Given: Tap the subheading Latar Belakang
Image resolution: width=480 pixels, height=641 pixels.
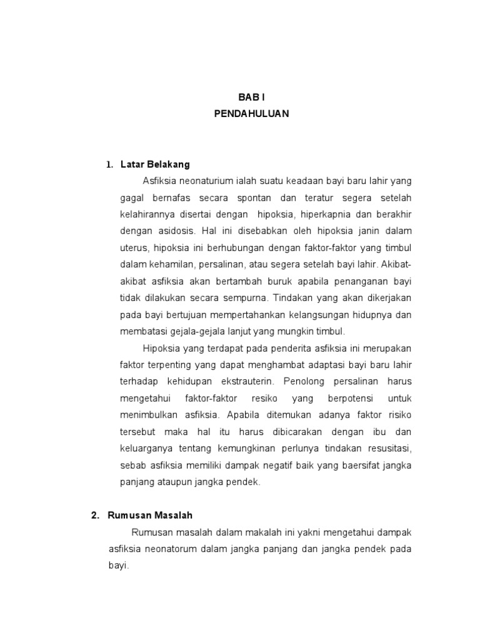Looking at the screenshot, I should pos(153,165).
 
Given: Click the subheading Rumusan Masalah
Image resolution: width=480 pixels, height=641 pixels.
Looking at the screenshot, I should pos(150,515).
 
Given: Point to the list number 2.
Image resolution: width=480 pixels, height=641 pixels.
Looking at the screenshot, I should pos(95,515).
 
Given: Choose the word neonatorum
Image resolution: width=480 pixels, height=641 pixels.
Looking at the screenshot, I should pos(177,549).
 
